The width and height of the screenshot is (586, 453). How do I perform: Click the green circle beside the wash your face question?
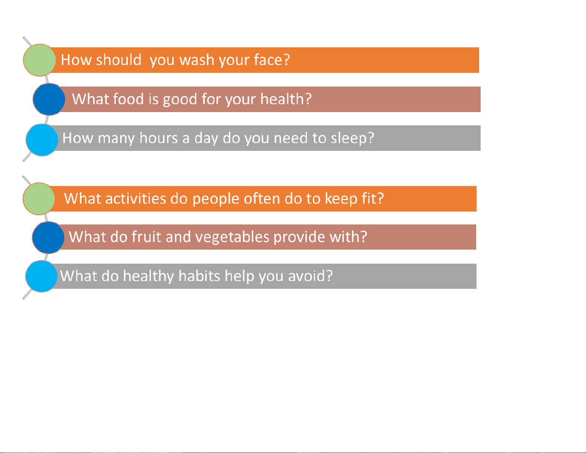point(39,60)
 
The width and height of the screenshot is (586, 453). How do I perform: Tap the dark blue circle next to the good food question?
point(49,99)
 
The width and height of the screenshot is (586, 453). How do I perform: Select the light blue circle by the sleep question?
point(42,140)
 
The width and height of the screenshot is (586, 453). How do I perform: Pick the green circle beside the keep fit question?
point(39,199)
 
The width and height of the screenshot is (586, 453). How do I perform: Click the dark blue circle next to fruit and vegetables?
point(48,237)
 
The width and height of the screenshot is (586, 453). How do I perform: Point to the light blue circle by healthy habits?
point(41,276)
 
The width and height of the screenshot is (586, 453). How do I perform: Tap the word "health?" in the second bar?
point(286,99)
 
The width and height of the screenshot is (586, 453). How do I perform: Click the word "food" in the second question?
point(128,99)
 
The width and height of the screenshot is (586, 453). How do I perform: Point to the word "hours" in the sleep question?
point(159,138)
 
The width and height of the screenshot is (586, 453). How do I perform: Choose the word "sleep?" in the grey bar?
point(352,138)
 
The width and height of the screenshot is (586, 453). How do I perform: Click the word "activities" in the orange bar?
point(136,199)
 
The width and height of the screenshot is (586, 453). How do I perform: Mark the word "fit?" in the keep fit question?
point(373,199)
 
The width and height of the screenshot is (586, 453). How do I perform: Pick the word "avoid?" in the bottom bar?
point(311,276)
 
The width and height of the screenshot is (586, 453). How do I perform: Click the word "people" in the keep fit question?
point(216,199)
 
